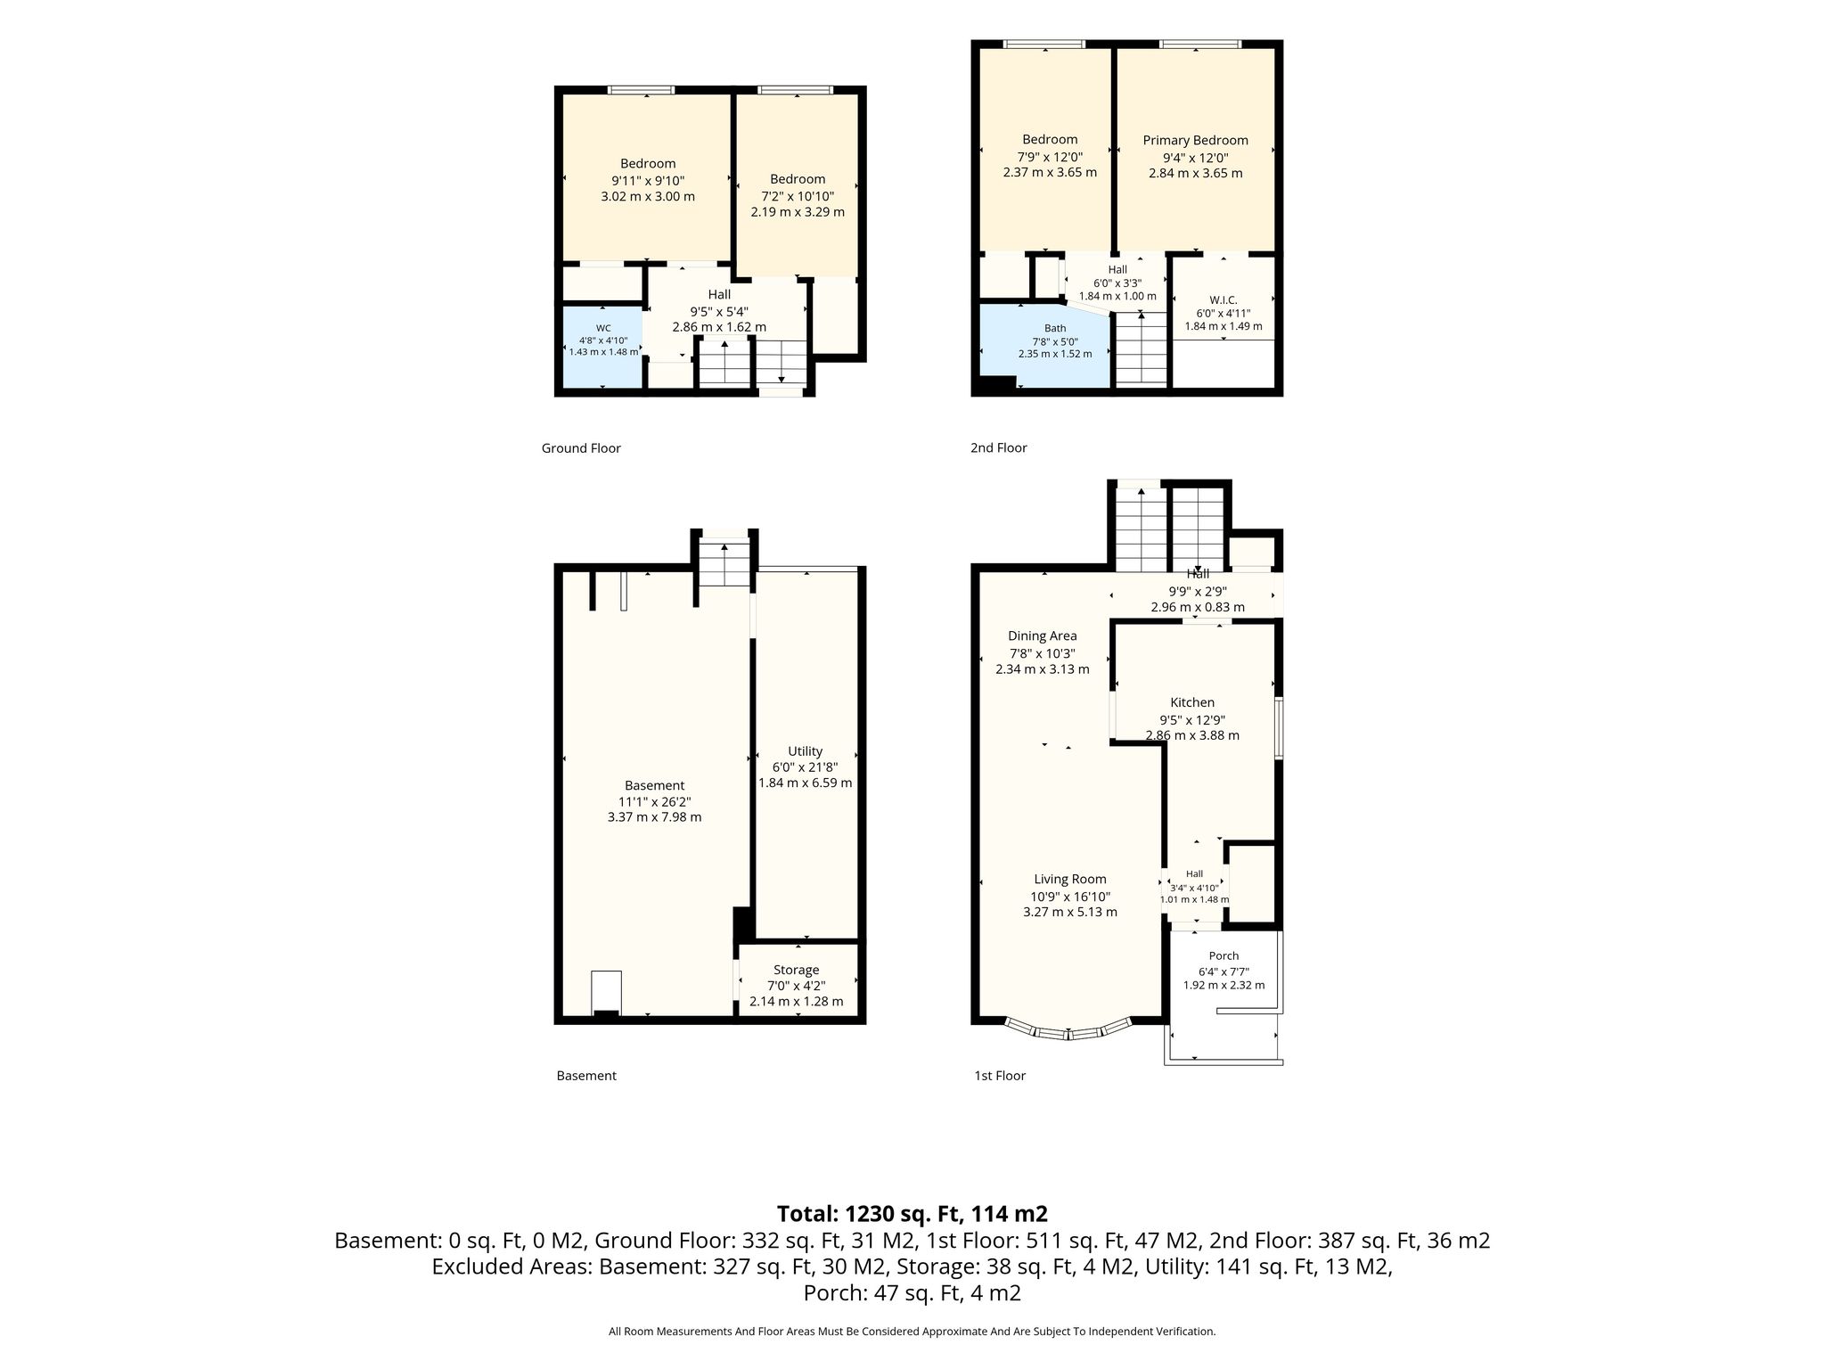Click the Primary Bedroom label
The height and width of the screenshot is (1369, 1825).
tap(1195, 140)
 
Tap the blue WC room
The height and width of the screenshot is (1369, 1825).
tap(602, 346)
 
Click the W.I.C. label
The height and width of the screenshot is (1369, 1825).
tap(1223, 300)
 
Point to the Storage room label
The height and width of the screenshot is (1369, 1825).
tap(796, 970)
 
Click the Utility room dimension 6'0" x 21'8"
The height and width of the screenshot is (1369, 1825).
tap(805, 766)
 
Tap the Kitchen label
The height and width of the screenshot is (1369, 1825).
tap(1192, 702)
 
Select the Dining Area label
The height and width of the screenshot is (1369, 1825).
tap(1042, 636)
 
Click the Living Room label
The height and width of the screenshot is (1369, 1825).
tap(1070, 880)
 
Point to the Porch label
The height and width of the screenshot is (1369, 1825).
tap(1223, 956)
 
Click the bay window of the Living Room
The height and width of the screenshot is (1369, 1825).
tap(1069, 1033)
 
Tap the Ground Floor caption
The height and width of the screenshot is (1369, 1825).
tap(581, 448)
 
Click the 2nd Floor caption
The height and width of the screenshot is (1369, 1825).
tap(998, 448)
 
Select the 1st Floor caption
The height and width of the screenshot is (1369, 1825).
tap(1000, 1076)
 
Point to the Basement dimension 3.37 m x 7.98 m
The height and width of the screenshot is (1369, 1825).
tap(654, 817)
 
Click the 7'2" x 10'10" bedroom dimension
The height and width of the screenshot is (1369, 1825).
tap(798, 196)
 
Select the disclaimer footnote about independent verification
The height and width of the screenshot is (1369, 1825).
tap(912, 1332)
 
